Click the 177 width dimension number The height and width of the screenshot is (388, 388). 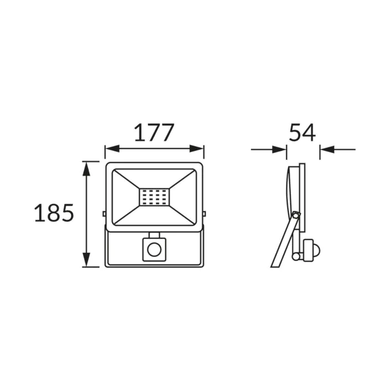pyautogui.click(x=154, y=132)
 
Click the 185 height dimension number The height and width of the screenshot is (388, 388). pyautogui.click(x=54, y=212)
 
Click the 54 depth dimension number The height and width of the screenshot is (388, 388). pyautogui.click(x=303, y=132)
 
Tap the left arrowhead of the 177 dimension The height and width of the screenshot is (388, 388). pyautogui.click(x=112, y=149)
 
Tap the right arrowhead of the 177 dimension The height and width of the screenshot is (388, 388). pyautogui.click(x=197, y=149)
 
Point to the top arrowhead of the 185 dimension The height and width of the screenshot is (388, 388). pyautogui.click(x=86, y=169)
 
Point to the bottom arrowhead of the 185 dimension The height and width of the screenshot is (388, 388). pyautogui.click(x=86, y=259)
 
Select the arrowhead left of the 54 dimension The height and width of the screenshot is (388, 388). pyautogui.click(x=279, y=150)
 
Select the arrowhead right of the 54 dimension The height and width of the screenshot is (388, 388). pyautogui.click(x=327, y=150)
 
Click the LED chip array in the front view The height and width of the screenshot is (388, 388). pyautogui.click(x=154, y=197)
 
